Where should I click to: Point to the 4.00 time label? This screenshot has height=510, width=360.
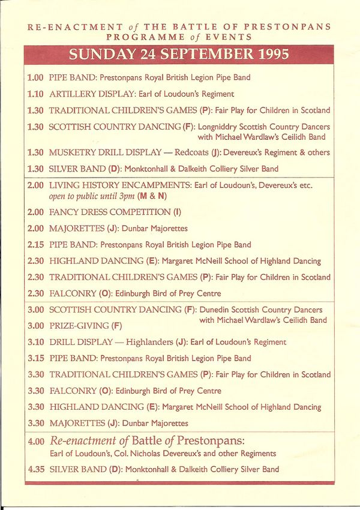[x=36, y=441]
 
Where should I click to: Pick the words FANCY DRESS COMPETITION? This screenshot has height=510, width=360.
[x=110, y=212]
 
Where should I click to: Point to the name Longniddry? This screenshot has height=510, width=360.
[x=221, y=127]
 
